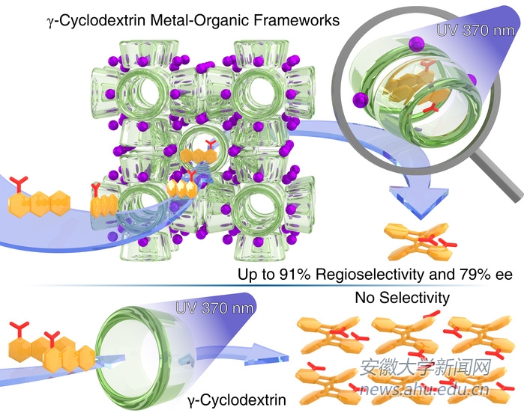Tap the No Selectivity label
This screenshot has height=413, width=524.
point(402,298)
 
